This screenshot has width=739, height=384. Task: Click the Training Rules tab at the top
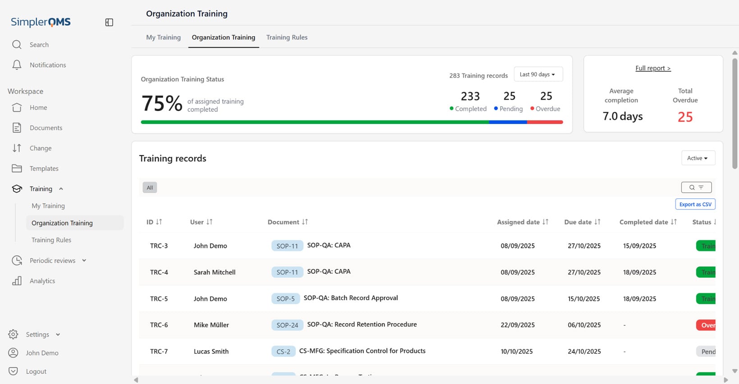[x=287, y=37]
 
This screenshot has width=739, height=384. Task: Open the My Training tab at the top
[x=163, y=37]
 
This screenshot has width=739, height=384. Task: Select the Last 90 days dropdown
[x=538, y=74]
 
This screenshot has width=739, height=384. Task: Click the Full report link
[x=652, y=68]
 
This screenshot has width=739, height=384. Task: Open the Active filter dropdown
[x=698, y=158]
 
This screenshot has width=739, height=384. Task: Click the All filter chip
[x=150, y=187]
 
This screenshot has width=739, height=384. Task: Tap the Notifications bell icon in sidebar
[x=17, y=65]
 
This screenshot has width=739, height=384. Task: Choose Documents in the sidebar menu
[x=46, y=128]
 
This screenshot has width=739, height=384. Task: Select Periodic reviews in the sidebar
[x=52, y=261]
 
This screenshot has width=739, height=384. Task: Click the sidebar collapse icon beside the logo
[x=109, y=23]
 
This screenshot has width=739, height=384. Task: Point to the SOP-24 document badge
[x=287, y=325]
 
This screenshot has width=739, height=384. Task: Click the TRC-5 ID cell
[x=159, y=299]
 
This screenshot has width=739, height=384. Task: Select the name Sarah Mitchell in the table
[x=214, y=272]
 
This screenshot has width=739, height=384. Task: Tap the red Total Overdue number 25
[x=685, y=117]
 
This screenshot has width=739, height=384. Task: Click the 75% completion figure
[x=162, y=104]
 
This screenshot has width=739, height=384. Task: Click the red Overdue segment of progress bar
[x=545, y=122]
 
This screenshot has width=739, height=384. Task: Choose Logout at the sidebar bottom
[x=36, y=371]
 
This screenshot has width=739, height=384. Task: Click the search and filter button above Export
[x=696, y=187]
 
